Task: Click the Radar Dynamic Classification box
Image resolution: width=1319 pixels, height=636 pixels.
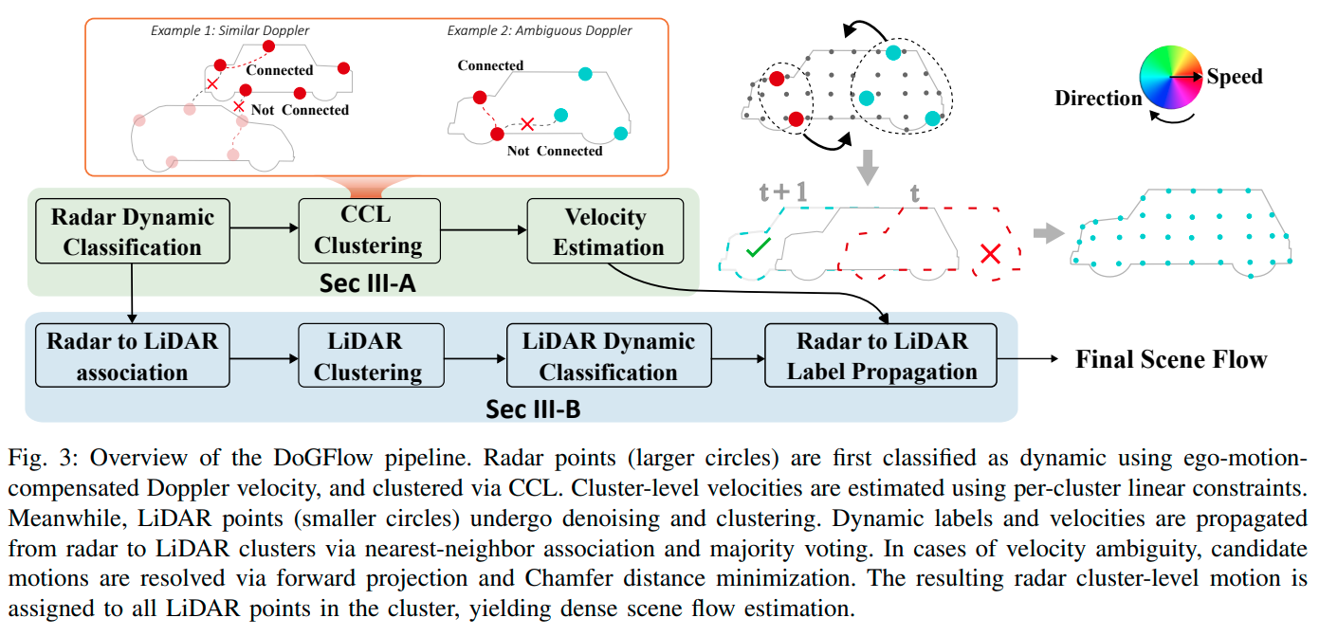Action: click(132, 231)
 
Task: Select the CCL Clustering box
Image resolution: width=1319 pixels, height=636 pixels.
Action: click(368, 230)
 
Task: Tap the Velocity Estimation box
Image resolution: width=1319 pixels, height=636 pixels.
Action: click(605, 231)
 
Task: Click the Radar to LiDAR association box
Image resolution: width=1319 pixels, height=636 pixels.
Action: click(132, 355)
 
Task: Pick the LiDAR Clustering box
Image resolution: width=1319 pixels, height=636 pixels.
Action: click(368, 355)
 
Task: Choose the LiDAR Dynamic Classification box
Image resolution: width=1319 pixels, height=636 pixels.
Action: click(608, 355)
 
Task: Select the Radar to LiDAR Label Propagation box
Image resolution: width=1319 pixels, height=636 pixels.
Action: click(881, 355)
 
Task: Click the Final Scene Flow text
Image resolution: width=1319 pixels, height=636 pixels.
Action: click(1170, 359)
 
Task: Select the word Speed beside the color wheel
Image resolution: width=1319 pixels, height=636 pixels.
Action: click(1234, 77)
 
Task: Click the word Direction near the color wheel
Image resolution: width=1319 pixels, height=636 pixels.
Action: click(1098, 98)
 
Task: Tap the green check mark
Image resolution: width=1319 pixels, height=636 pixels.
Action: click(758, 250)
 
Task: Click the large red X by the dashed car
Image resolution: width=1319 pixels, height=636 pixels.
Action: click(990, 253)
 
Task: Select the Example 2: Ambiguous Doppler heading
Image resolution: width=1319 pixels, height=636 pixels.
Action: click(540, 30)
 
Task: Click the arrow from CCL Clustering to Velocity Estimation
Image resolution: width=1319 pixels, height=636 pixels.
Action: click(484, 230)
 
